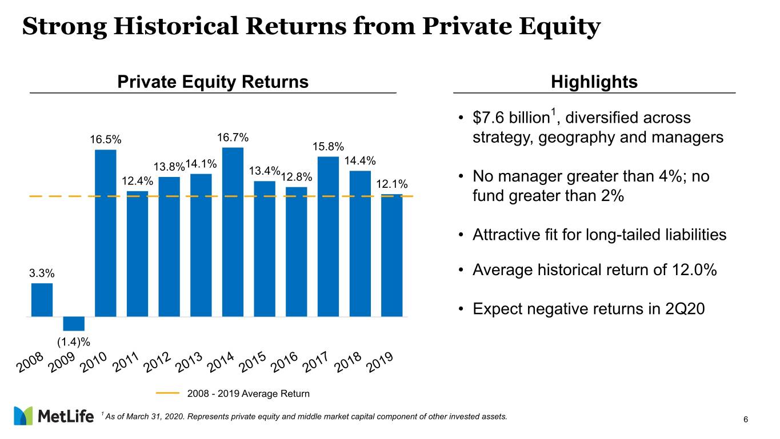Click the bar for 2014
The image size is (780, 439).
[x=233, y=232]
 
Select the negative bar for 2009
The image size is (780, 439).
[x=74, y=324]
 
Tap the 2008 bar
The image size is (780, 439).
[x=42, y=300]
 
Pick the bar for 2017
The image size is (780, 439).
[x=328, y=236]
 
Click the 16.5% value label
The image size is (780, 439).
[x=106, y=140]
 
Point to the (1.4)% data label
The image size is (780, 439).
[x=74, y=343]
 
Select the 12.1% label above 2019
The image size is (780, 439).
[x=392, y=184]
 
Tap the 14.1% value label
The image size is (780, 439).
[x=201, y=164]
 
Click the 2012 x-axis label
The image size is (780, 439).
[x=157, y=362]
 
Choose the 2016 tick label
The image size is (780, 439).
[x=284, y=362]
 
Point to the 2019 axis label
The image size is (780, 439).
[x=380, y=362]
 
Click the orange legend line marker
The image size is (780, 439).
[x=167, y=393]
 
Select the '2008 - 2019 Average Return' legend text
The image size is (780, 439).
[x=248, y=393]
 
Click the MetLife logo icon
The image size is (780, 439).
[x=23, y=416]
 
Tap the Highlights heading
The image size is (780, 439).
[x=594, y=82]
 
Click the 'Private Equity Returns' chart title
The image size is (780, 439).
[x=213, y=82]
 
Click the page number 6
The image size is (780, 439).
[x=746, y=420]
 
